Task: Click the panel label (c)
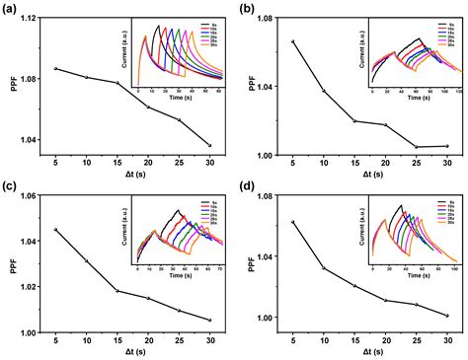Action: [x=10, y=186]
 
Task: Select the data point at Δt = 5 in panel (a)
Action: [x=56, y=68]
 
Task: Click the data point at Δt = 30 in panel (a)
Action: [x=209, y=145]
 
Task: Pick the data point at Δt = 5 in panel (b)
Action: [x=293, y=41]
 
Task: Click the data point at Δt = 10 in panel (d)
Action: [x=324, y=267]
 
